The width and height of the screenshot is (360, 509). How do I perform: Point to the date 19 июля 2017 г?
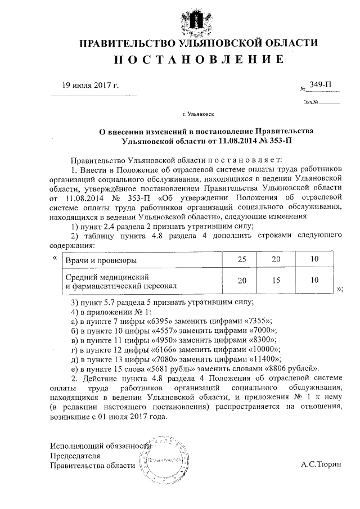[90, 85]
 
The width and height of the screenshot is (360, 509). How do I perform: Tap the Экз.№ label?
[310, 103]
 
